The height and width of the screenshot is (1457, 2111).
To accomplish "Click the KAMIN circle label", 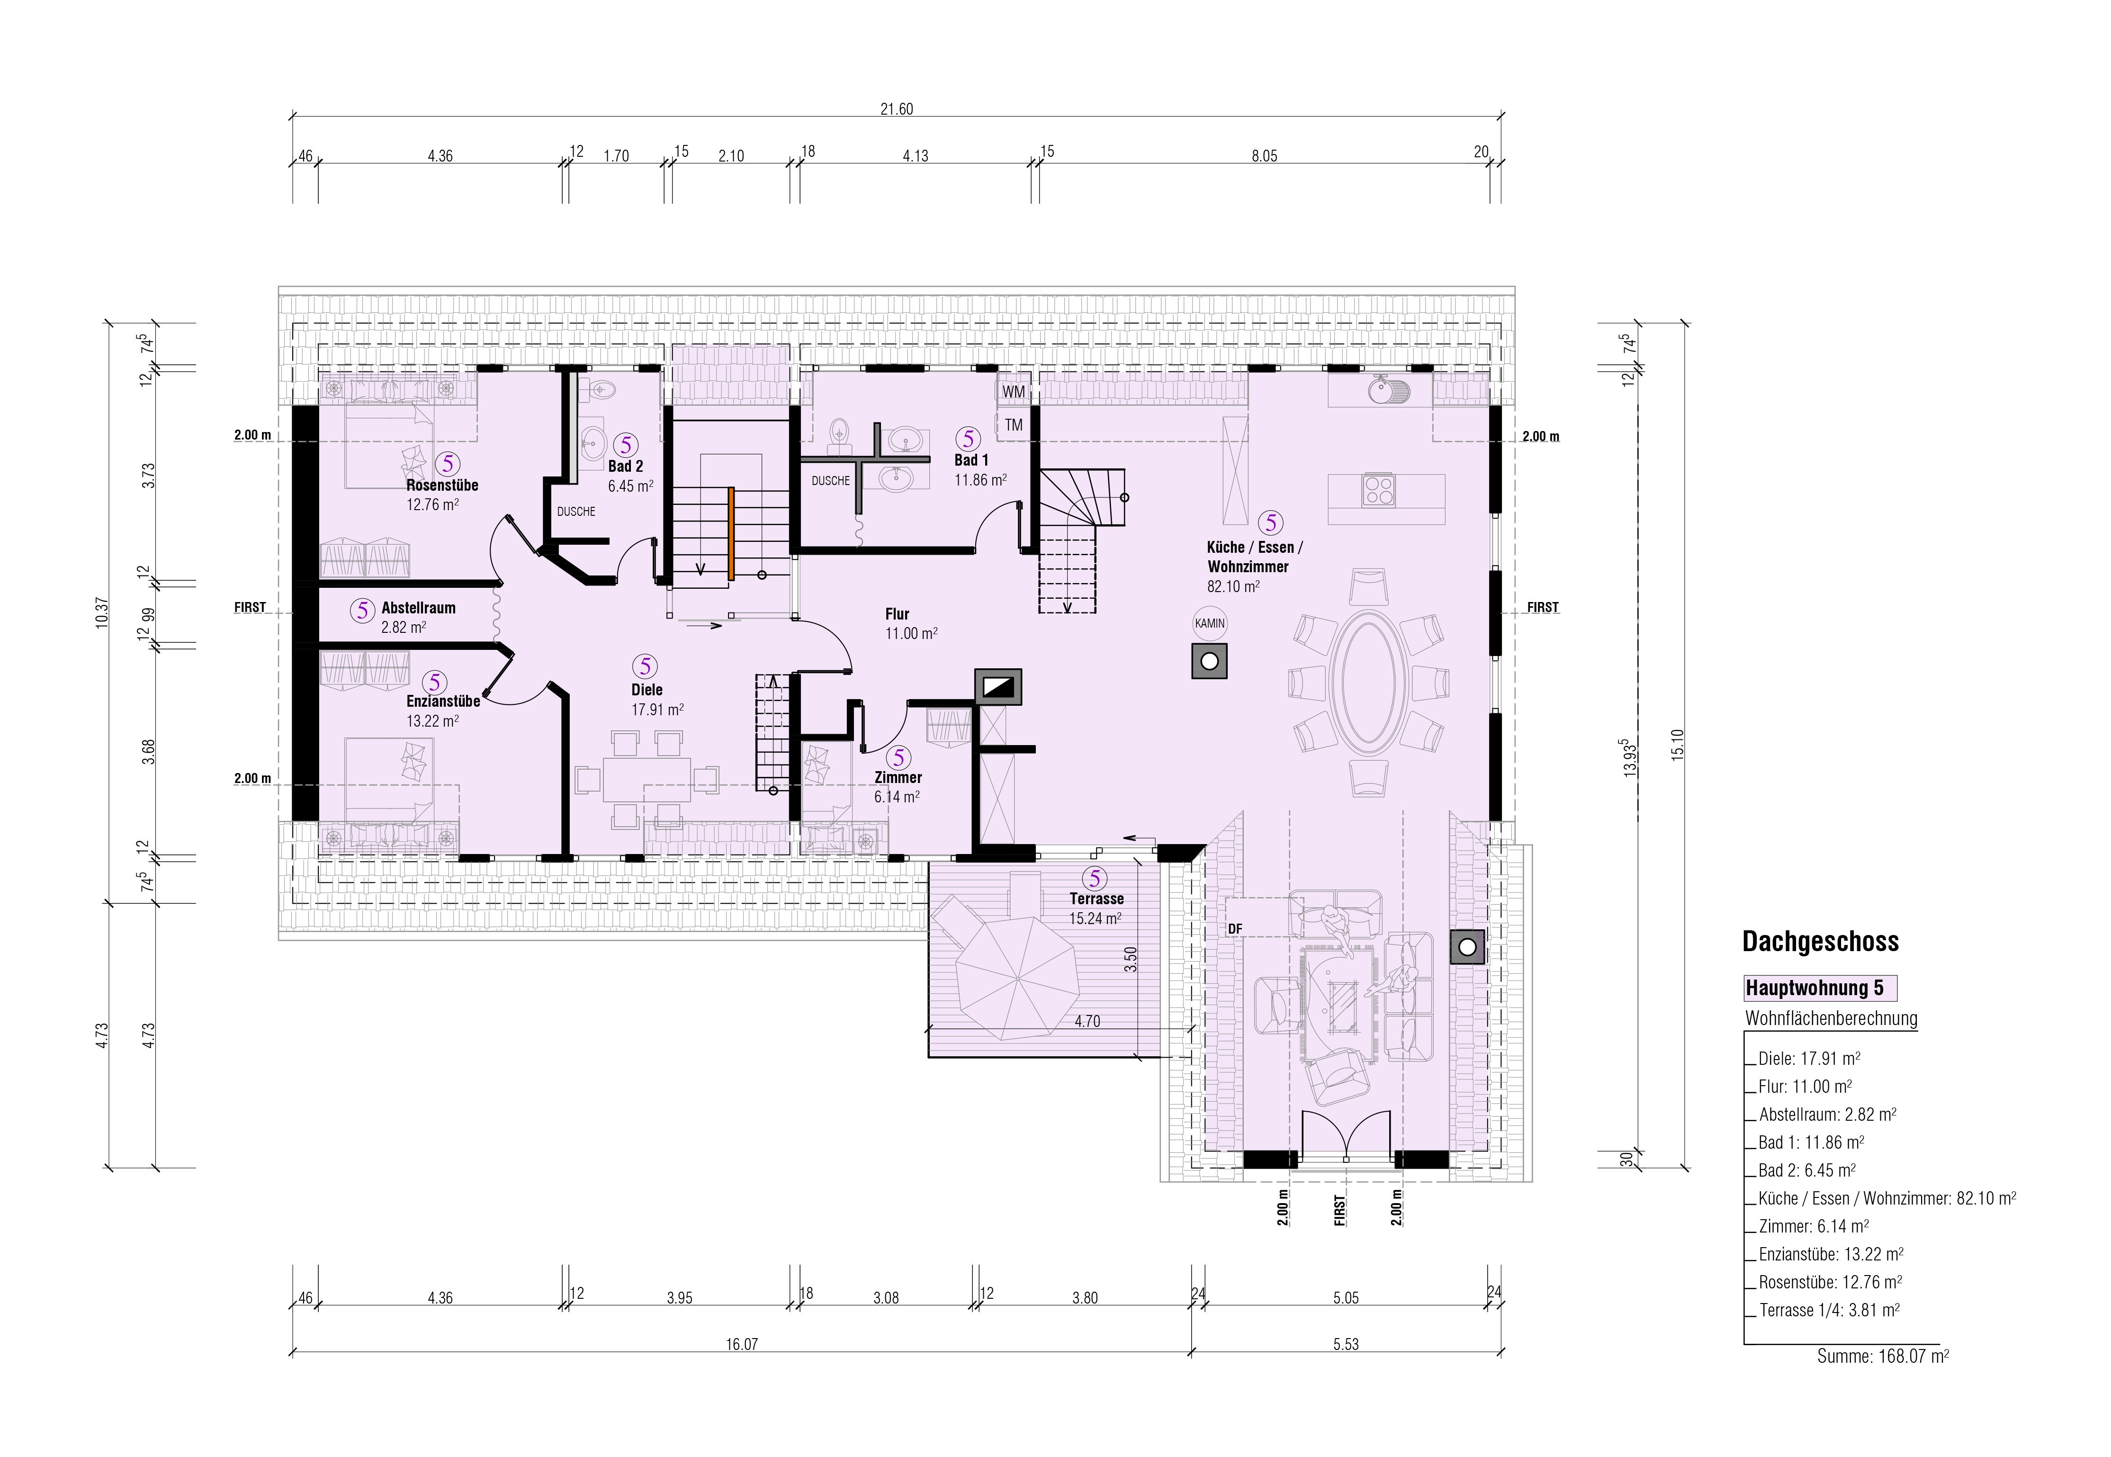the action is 1209,623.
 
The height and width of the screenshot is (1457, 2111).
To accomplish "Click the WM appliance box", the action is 1013,392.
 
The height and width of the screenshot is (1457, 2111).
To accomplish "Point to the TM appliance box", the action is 1013,425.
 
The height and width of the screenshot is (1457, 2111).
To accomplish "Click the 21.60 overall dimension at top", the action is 896,109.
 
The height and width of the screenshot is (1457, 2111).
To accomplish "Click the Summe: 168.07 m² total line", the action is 1883,1357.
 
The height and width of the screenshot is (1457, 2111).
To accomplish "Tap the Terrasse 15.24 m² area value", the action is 1095,918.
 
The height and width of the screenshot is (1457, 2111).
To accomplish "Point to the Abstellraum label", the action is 418,608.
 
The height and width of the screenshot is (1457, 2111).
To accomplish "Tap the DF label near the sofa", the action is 1235,929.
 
